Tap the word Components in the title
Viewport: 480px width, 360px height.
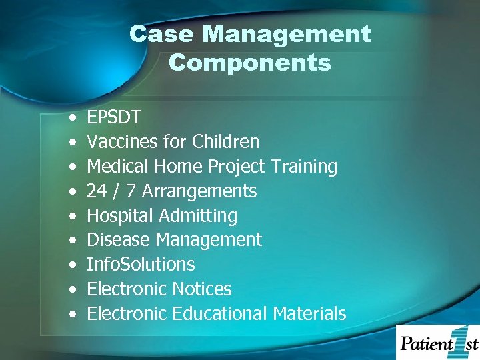(250, 63)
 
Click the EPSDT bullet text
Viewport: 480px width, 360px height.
(114, 117)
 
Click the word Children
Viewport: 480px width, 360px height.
(225, 142)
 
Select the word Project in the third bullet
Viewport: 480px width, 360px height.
(236, 167)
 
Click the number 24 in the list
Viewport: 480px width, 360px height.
(97, 191)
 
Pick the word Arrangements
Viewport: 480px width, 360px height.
(199, 191)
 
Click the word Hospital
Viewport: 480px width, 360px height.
(121, 216)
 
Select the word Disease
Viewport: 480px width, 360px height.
(116, 240)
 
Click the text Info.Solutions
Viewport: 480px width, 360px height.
(141, 265)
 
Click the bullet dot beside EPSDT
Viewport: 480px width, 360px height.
(71, 118)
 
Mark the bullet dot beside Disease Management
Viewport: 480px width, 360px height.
(71, 241)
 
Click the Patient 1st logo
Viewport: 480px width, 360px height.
(438, 342)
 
